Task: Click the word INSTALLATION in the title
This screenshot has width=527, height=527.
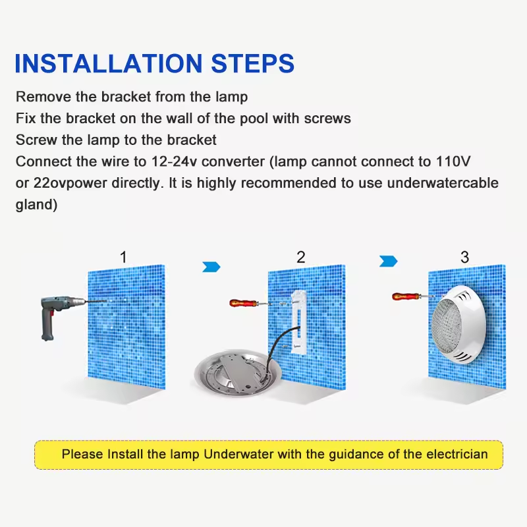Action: (x=109, y=63)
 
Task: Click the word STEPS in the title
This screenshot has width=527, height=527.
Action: (x=253, y=63)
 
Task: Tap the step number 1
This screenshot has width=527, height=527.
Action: (x=123, y=257)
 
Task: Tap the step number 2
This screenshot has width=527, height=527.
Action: (x=301, y=257)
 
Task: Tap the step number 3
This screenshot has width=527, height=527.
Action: (x=465, y=257)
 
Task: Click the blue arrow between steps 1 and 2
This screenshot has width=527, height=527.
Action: (x=211, y=267)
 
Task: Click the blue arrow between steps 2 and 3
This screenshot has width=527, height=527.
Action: (x=388, y=261)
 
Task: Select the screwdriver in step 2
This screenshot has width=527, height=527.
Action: (x=250, y=303)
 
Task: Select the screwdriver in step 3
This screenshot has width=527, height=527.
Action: (x=414, y=296)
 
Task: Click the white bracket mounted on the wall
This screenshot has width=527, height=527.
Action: (x=299, y=323)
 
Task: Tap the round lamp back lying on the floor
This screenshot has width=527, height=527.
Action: (x=238, y=373)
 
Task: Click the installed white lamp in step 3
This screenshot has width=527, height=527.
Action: (x=458, y=325)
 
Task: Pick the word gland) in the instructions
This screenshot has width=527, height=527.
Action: (x=36, y=205)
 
